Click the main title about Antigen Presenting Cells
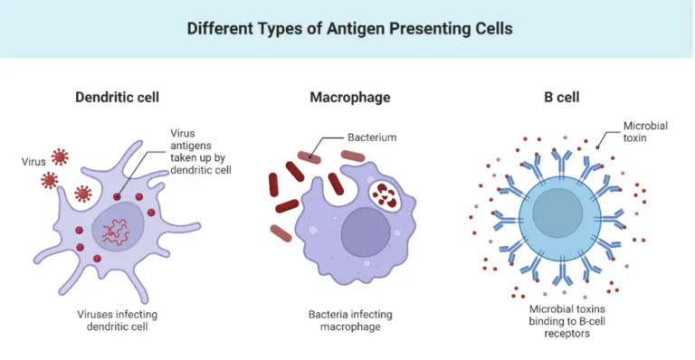pos(349,29)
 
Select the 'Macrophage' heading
pos(349,97)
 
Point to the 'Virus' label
pos(33,163)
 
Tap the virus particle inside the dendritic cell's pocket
pos(82,193)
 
